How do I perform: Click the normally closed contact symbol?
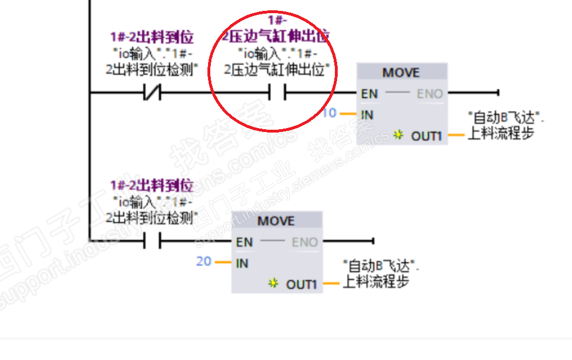(x=152, y=92)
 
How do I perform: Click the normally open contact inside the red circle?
(x=277, y=92)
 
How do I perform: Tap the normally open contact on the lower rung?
(x=152, y=241)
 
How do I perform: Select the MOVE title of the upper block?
(x=401, y=73)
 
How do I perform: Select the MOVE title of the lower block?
(x=276, y=221)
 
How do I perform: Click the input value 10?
(x=329, y=113)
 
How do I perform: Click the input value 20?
(x=203, y=262)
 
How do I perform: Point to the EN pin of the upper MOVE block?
(x=369, y=93)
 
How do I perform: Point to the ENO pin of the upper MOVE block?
(x=430, y=93)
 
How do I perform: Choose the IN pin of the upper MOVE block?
(x=367, y=115)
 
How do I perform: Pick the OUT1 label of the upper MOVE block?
(x=427, y=136)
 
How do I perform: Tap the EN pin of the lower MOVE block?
(x=245, y=242)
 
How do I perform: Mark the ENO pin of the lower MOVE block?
(x=305, y=242)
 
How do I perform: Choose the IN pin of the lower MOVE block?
(x=242, y=263)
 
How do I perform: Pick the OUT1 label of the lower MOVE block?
(x=301, y=284)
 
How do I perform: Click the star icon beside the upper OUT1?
(x=399, y=135)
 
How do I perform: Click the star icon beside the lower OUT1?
(x=274, y=283)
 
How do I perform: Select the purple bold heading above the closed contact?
(x=152, y=38)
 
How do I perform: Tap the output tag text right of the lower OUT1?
(x=379, y=274)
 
